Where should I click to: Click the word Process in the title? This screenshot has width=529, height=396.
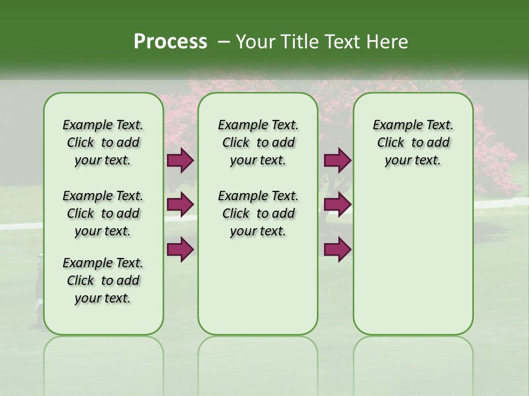point(170,42)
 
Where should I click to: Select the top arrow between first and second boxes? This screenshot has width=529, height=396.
point(180,161)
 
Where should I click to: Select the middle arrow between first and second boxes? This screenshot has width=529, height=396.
point(180,205)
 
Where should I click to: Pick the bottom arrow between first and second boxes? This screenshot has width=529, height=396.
point(180,250)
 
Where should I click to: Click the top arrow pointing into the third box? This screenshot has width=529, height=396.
point(337,161)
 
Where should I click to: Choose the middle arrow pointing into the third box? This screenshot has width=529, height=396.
point(337,205)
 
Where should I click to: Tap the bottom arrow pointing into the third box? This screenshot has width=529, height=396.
point(337,250)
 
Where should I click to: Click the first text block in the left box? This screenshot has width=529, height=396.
point(103,143)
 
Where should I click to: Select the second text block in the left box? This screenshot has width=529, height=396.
point(103,213)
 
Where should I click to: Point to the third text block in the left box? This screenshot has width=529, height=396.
point(103,281)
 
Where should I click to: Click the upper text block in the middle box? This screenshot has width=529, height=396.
point(258,143)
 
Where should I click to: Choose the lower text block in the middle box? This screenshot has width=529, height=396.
point(258,213)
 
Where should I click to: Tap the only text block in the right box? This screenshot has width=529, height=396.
point(413,143)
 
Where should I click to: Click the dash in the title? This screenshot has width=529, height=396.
point(224,42)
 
